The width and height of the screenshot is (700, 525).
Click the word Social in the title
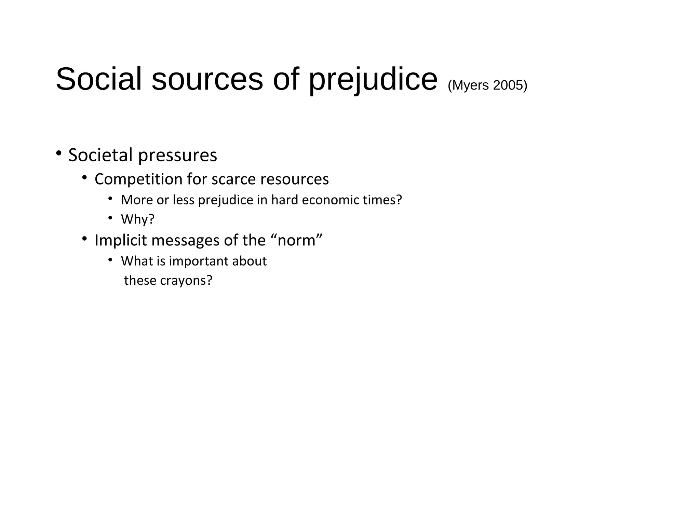[98, 79]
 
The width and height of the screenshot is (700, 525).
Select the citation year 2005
[510, 85]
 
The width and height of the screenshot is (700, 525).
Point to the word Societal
[100, 155]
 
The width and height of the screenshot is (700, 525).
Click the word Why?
[138, 219]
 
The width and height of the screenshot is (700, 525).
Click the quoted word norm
[296, 240]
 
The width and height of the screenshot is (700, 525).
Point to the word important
[199, 261]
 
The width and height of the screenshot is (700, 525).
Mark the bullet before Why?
[110, 217]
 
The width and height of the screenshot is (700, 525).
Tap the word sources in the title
[207, 79]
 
